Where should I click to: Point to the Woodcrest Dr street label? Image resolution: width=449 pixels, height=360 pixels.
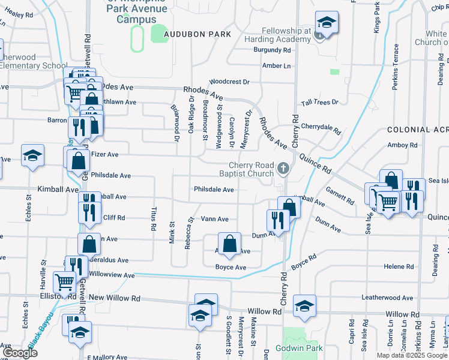click(x=229, y=81)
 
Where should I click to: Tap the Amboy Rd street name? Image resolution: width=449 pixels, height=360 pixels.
click(x=402, y=145)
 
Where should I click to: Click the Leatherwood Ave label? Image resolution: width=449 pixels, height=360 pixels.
click(x=387, y=298)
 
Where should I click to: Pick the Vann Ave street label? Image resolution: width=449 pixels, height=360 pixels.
click(x=214, y=219)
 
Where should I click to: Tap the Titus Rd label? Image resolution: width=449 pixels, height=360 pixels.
click(x=154, y=220)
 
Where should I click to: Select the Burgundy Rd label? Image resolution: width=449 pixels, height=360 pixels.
click(x=271, y=50)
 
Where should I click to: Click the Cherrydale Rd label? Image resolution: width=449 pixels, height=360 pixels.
click(x=321, y=127)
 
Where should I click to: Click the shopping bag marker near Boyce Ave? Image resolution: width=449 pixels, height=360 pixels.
click(x=229, y=244)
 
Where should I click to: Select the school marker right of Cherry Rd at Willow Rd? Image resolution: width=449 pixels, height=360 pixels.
click(x=305, y=306)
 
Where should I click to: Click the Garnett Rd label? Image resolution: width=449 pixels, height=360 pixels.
click(x=340, y=196)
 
